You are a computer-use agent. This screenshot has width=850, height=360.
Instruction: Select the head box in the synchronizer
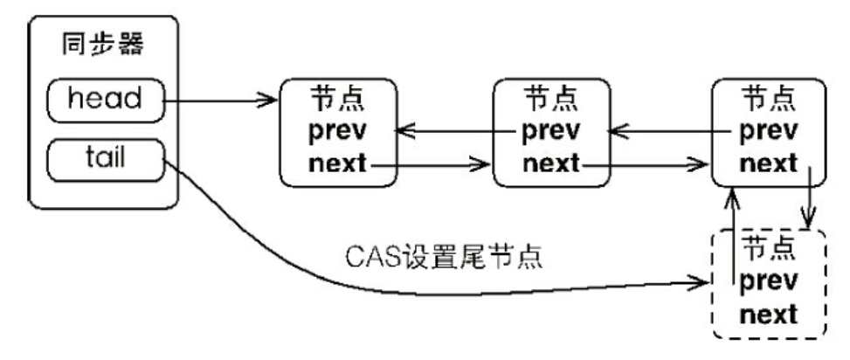(x=105, y=100)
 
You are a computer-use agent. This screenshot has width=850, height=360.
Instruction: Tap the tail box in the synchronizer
(x=106, y=158)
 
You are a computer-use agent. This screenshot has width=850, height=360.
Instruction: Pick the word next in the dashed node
(x=768, y=314)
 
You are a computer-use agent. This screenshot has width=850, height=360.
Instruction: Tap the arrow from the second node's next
(x=646, y=163)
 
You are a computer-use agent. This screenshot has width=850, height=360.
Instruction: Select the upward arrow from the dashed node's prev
(x=732, y=236)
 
